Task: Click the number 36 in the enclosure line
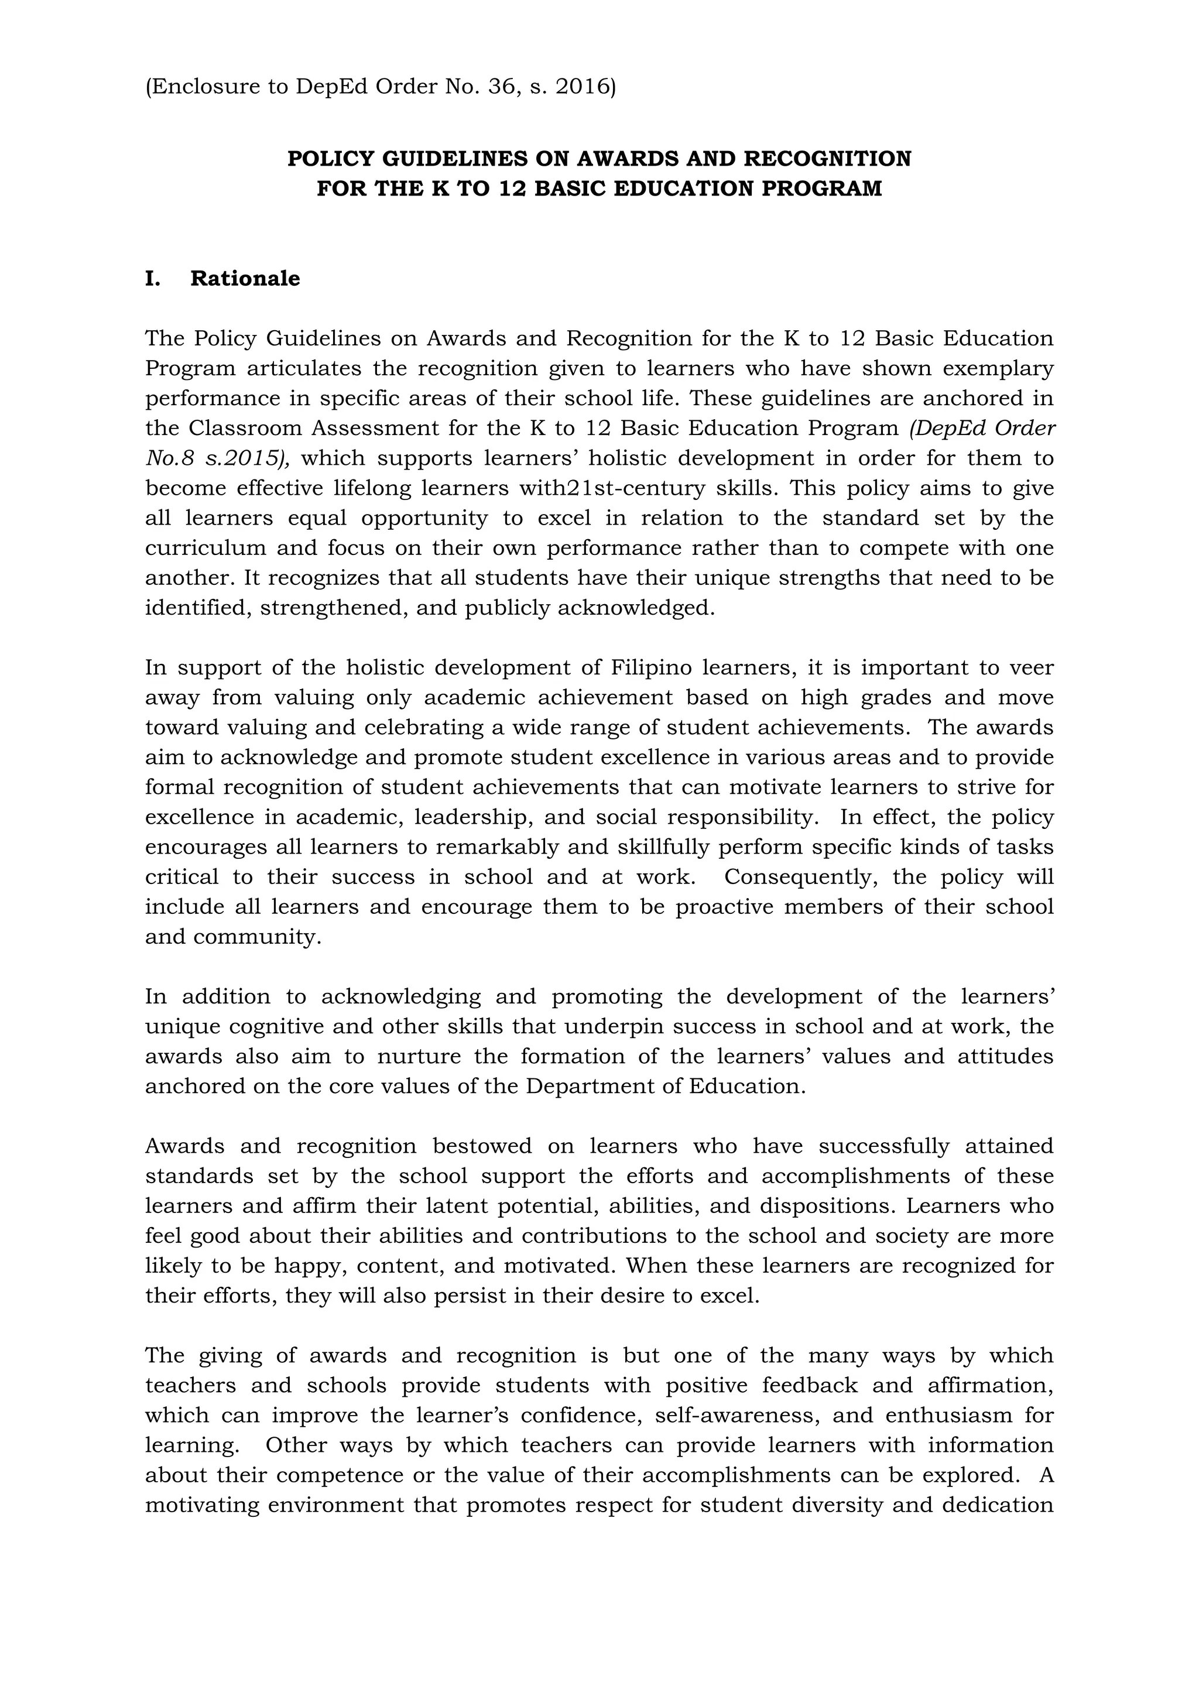(x=502, y=87)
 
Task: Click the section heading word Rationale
(x=245, y=279)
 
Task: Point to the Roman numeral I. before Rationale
(x=152, y=279)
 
